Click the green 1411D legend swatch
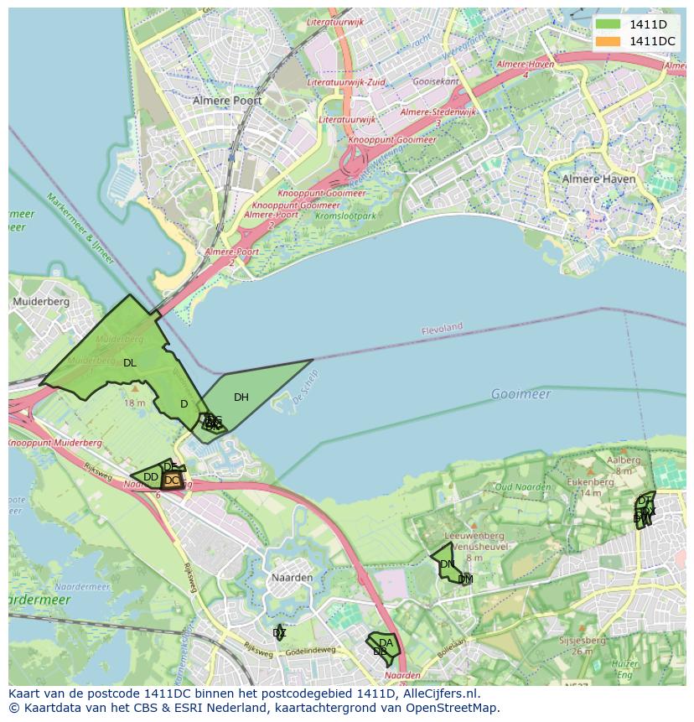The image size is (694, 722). [x=609, y=23]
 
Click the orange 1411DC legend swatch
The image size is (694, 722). [x=609, y=41]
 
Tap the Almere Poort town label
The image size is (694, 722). [x=227, y=101]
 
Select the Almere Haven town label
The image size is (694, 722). [x=593, y=179]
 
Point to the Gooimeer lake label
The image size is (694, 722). [x=520, y=394]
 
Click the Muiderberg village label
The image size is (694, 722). [x=40, y=301]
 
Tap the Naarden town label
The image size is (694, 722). [x=292, y=578]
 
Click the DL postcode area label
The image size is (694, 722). [x=129, y=363]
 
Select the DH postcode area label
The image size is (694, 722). [x=241, y=397]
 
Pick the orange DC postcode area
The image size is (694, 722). [x=172, y=480]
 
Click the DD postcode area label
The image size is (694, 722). [x=151, y=477]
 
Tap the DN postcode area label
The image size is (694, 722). [x=447, y=564]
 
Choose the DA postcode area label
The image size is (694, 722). [x=386, y=643]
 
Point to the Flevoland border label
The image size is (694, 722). [x=442, y=328]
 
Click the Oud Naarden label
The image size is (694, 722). [x=522, y=486]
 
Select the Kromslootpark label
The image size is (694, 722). [x=346, y=216]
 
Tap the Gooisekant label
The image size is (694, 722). [x=438, y=81]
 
